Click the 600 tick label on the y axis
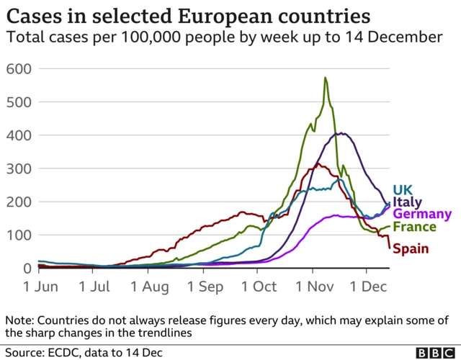point(18,69)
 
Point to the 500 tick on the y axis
point(18,102)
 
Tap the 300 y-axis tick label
point(18,168)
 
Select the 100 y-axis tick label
point(18,235)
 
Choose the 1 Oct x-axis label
point(259,286)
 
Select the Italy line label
point(408,202)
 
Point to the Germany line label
point(422,215)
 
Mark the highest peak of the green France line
point(326,78)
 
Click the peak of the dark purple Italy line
point(342,133)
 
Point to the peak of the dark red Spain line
point(316,164)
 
